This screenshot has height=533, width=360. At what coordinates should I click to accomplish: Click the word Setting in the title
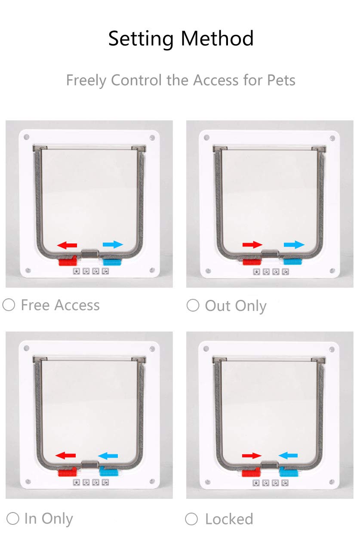pyautogui.click(x=141, y=39)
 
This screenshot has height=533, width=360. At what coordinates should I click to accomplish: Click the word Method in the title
pyautogui.click(x=217, y=38)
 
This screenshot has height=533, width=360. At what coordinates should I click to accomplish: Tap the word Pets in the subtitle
pyautogui.click(x=281, y=80)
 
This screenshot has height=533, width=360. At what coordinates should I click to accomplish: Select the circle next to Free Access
pyautogui.click(x=9, y=305)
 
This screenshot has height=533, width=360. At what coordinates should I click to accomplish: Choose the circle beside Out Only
pyautogui.click(x=193, y=305)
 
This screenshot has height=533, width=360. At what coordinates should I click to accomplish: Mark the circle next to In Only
pyautogui.click(x=12, y=518)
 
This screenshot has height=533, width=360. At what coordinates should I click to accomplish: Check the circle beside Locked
pyautogui.click(x=191, y=519)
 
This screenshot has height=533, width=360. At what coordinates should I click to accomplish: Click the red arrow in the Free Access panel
pyautogui.click(x=67, y=245)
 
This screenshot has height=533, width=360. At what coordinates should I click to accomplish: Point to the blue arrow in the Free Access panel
pyautogui.click(x=113, y=244)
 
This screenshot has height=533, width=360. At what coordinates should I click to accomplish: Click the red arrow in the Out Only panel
pyautogui.click(x=252, y=244)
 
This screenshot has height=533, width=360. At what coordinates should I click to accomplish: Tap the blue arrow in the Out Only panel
pyautogui.click(x=294, y=244)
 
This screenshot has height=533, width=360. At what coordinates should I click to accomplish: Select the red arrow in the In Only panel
pyautogui.click(x=65, y=456)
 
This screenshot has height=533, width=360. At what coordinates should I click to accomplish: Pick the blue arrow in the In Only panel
pyautogui.click(x=108, y=456)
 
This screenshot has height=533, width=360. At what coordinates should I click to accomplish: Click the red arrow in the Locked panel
pyautogui.click(x=252, y=456)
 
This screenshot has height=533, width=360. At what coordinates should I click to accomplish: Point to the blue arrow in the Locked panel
pyautogui.click(x=288, y=456)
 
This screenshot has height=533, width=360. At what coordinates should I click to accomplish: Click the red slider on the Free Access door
pyautogui.click(x=68, y=261)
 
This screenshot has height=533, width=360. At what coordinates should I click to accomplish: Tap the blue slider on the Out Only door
pyautogui.click(x=292, y=262)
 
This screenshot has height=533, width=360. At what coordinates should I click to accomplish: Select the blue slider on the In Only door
pyautogui.click(x=109, y=471)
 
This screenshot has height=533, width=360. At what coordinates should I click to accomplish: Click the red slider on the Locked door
pyautogui.click(x=251, y=472)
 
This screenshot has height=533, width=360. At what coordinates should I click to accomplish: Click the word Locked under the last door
pyautogui.click(x=229, y=519)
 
